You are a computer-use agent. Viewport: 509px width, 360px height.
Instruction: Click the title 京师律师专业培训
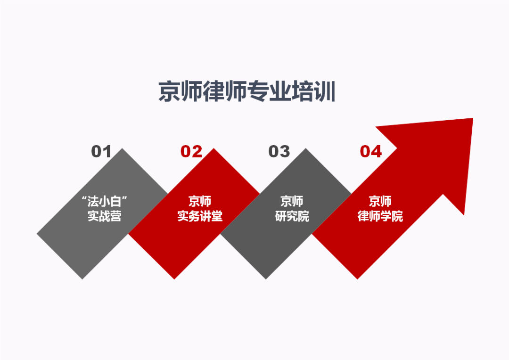(x=246, y=91)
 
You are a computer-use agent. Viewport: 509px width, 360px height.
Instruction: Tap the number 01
(x=101, y=152)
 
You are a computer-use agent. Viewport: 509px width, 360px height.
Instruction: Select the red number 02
(x=191, y=152)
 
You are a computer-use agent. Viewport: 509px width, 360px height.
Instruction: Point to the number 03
(x=279, y=152)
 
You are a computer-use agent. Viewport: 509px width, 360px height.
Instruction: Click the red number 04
(x=371, y=152)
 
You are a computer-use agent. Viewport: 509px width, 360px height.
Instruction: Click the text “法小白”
(x=104, y=201)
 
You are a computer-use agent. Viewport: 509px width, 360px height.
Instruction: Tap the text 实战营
(x=104, y=216)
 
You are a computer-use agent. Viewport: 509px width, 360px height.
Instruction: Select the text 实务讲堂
(x=200, y=216)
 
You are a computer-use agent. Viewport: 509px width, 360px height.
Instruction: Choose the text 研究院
(x=292, y=216)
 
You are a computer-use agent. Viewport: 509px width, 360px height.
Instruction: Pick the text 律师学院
(x=380, y=216)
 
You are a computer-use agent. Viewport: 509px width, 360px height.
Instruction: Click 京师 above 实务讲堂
(x=200, y=201)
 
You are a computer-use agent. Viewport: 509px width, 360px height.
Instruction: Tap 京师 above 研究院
(x=292, y=201)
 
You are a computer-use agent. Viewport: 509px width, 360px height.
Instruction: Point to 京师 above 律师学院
(x=380, y=201)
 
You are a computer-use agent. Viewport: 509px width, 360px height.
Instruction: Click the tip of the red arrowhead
(x=473, y=118)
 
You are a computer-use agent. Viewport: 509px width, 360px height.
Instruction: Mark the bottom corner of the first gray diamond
(x=82, y=279)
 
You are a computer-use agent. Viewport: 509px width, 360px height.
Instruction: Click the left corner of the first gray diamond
(x=37, y=234)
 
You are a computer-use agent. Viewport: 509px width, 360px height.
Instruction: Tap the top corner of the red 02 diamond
(x=214, y=149)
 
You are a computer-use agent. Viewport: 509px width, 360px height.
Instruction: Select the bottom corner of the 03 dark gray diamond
(x=266, y=279)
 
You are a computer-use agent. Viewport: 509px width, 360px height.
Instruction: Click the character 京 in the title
(x=169, y=91)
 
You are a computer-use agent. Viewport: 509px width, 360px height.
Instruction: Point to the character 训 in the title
(x=325, y=91)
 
